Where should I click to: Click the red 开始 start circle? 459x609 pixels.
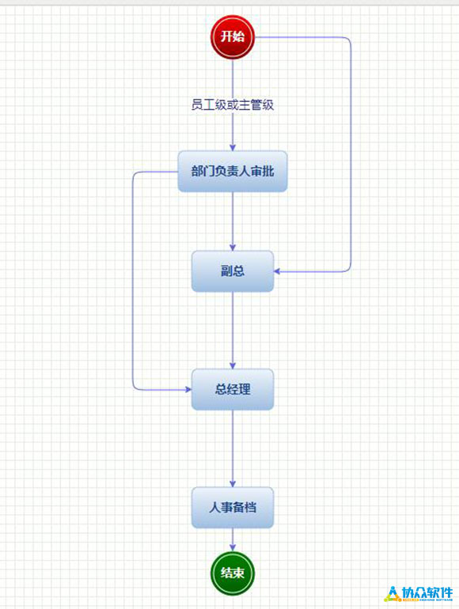(x=233, y=37)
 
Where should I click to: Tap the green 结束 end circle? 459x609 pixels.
(x=233, y=573)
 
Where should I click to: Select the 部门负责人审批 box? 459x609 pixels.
(x=233, y=172)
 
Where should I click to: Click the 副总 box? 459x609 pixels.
(x=233, y=270)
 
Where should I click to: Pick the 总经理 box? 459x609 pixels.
(x=233, y=389)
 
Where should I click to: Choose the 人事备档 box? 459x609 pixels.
(x=233, y=507)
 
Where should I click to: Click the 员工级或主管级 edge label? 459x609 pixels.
(x=233, y=105)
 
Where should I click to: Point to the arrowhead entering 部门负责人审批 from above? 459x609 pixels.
(x=233, y=148)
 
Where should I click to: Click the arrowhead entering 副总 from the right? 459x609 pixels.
(x=277, y=271)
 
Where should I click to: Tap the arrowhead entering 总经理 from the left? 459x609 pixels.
(x=188, y=389)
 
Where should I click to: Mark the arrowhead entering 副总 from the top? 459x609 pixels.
(x=233, y=247)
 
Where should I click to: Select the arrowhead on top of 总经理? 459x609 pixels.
(x=233, y=365)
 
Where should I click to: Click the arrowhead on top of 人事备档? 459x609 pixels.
(x=233, y=483)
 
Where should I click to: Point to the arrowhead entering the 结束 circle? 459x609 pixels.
(x=233, y=547)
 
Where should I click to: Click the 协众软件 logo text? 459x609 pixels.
(x=427, y=592)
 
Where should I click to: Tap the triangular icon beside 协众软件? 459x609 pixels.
(x=393, y=594)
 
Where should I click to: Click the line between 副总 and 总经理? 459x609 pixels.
(x=233, y=330)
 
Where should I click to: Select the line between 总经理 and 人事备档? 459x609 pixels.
(x=233, y=448)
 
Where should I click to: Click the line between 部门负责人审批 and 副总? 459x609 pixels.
(x=233, y=221)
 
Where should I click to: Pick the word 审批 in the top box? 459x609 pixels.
(x=262, y=171)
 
